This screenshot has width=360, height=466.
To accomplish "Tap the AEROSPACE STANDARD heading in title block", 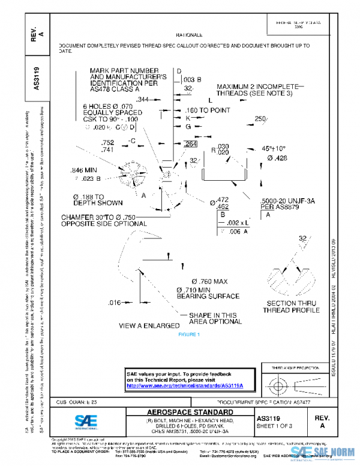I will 190,413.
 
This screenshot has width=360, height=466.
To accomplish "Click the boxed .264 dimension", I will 190,144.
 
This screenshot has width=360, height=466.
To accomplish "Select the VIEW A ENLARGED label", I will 149,325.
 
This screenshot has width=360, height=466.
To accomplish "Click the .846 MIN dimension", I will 84,170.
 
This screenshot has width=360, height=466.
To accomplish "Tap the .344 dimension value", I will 143,99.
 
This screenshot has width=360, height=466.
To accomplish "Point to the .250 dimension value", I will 260,119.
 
